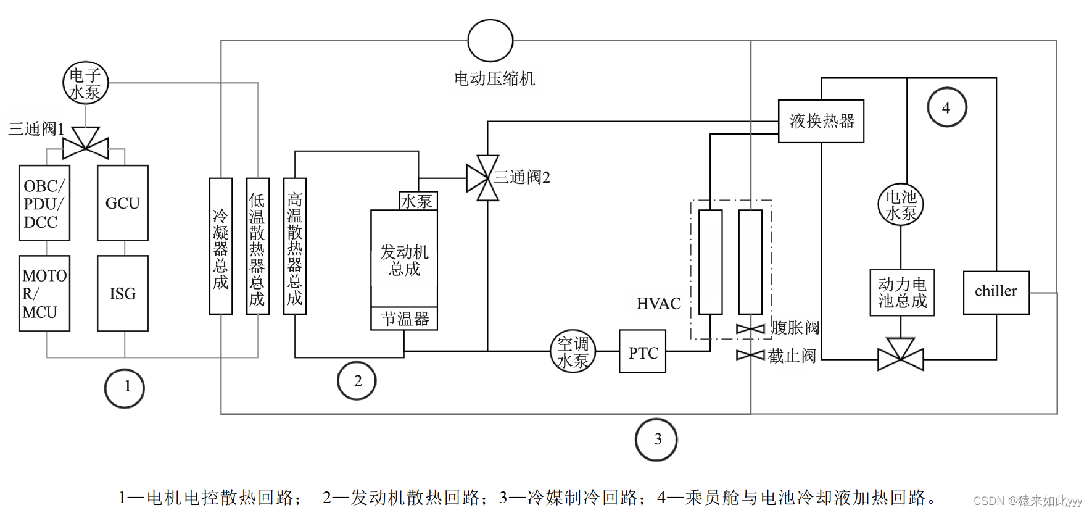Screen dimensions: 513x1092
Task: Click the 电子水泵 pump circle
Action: [85, 83]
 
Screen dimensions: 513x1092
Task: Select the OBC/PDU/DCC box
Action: [44, 202]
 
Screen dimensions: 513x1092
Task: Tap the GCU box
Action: [123, 202]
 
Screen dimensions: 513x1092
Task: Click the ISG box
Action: [123, 293]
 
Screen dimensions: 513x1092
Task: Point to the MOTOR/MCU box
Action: [44, 293]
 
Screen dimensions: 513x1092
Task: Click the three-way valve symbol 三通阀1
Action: [86, 143]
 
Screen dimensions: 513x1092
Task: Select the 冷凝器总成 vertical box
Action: [221, 246]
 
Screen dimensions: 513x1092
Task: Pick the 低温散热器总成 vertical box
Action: [257, 246]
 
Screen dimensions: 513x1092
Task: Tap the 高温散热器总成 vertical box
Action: [295, 246]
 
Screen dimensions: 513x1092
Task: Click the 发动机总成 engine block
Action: [404, 259]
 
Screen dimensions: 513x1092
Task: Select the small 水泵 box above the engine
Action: [418, 201]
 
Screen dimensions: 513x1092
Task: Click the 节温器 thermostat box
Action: [404, 319]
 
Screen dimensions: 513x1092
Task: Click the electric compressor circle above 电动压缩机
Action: [490, 41]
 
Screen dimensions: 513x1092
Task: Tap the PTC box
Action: [642, 352]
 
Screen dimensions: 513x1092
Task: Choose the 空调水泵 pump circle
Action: [573, 351]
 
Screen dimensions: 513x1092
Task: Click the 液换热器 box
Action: [821, 121]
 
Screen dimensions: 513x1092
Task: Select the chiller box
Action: [996, 293]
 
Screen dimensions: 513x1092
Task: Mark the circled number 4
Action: [946, 107]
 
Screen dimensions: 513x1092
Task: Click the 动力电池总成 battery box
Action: [902, 293]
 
